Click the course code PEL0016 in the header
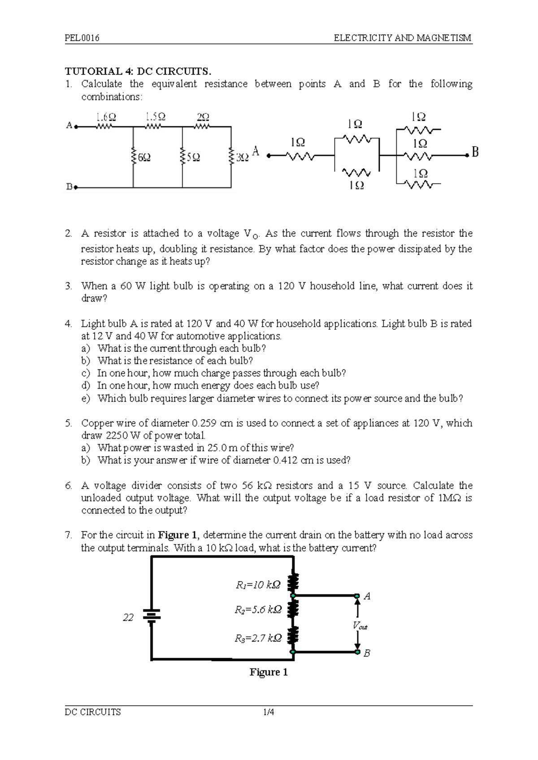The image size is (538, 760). (82, 38)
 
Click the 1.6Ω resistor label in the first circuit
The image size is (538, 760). (106, 117)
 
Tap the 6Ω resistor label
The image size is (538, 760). (144, 158)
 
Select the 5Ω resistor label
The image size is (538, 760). (194, 158)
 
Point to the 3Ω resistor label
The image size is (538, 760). (242, 158)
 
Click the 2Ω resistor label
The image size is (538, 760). (203, 117)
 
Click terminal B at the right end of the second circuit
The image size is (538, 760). (475, 152)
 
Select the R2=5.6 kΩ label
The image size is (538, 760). (258, 609)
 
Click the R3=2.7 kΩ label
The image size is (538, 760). (258, 639)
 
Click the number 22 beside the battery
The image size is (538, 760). (128, 617)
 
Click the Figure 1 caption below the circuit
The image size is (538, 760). (268, 672)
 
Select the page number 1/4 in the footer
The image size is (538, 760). (269, 712)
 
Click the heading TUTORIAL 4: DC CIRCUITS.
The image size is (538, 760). (138, 71)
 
